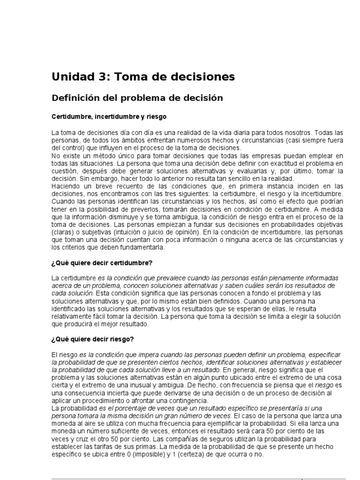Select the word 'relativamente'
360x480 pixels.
pyautogui.click(x=73, y=316)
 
